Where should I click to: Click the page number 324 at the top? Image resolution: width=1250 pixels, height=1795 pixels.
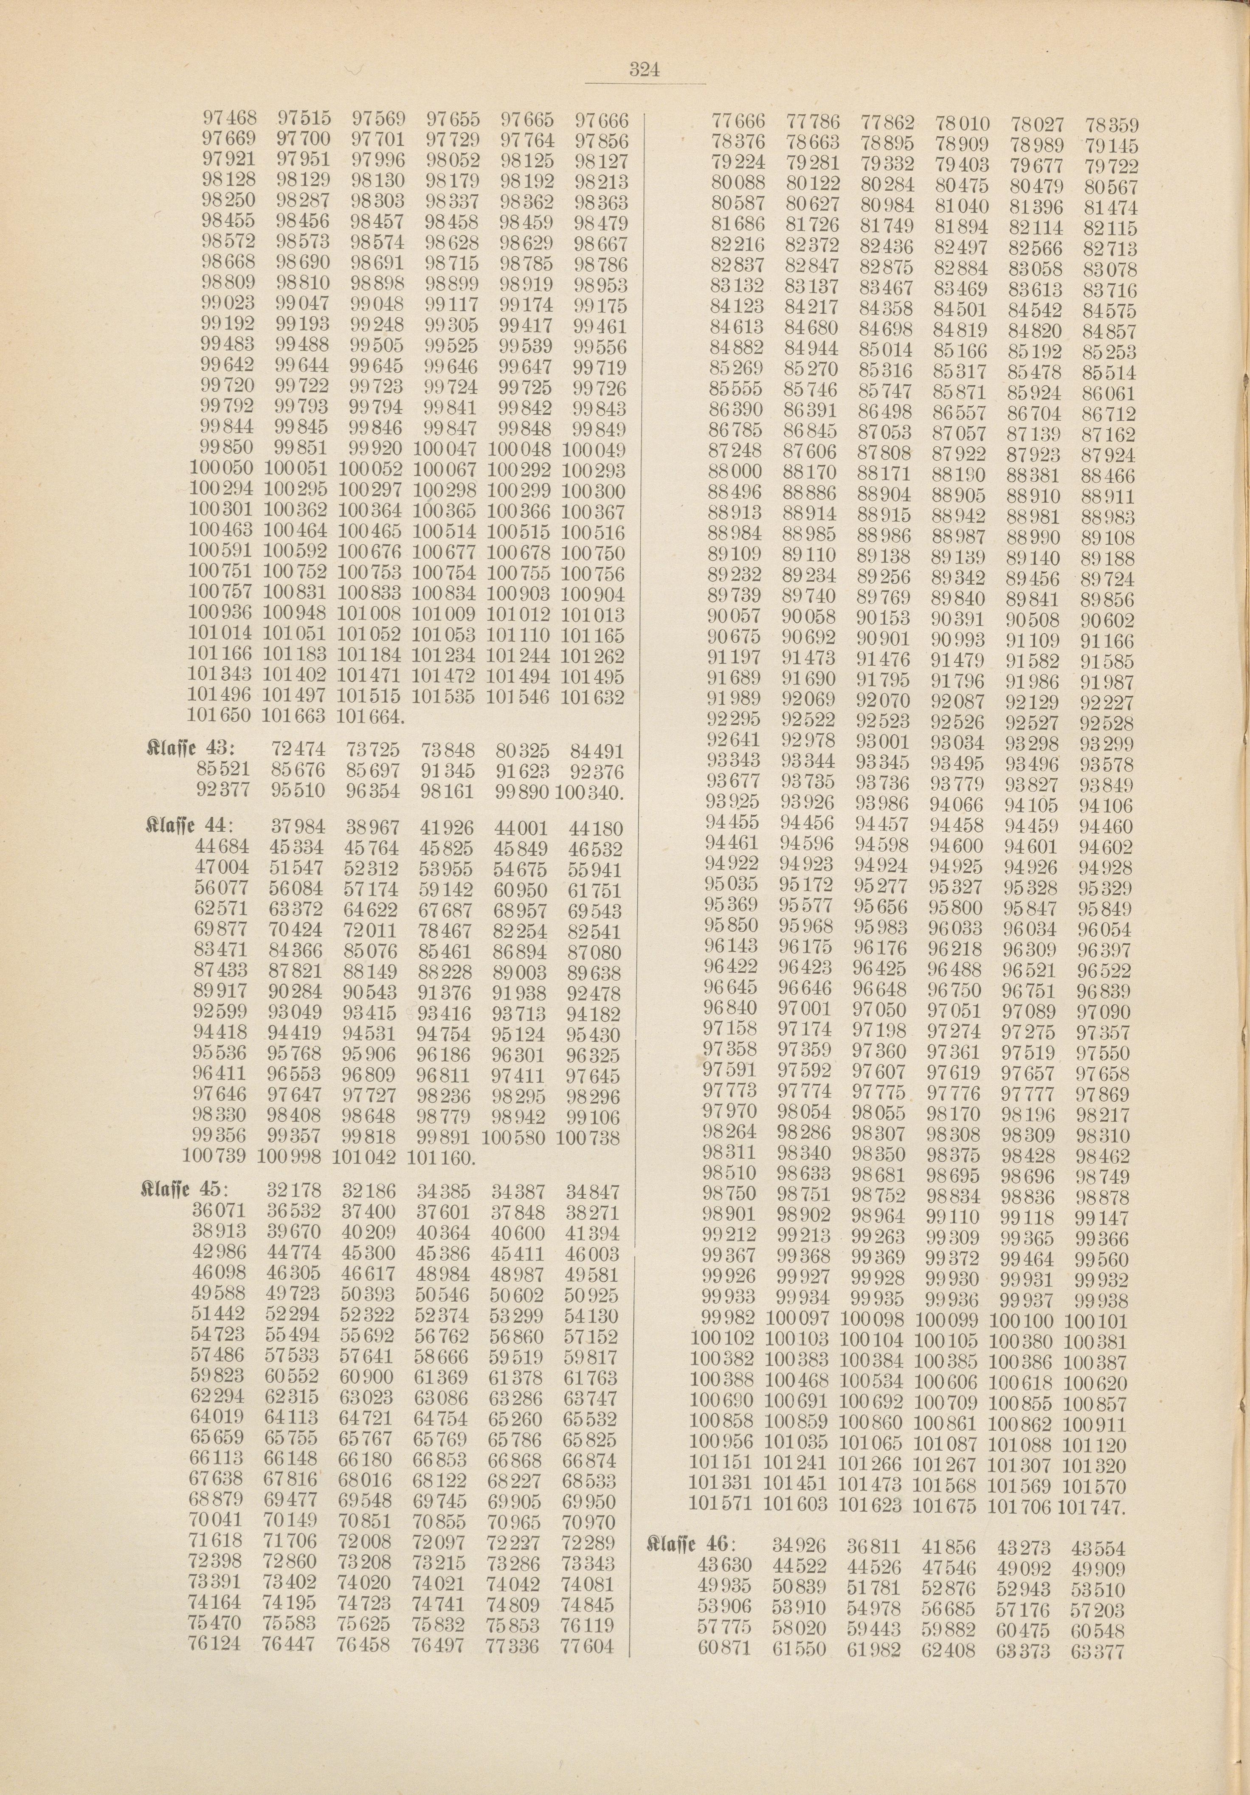point(645,70)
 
